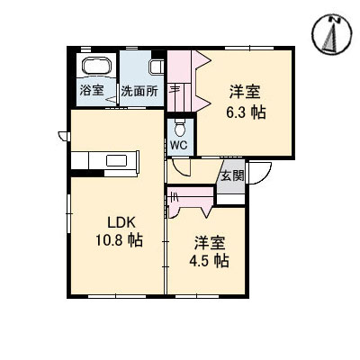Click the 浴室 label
93,91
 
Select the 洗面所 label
139,91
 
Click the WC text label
178,144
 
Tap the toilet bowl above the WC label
178,123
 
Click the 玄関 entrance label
231,175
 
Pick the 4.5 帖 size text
209,261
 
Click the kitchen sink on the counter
117,161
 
